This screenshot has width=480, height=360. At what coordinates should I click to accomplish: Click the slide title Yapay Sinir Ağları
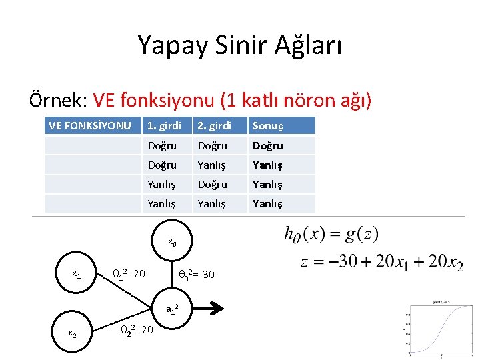click(x=239, y=45)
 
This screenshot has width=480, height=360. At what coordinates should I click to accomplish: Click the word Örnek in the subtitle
click(x=57, y=100)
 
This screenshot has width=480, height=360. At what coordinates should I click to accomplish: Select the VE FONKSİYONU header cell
click(x=89, y=125)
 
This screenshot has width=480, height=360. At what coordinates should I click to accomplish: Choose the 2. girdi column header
click(x=214, y=125)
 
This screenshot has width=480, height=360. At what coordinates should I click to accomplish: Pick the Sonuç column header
click(x=267, y=125)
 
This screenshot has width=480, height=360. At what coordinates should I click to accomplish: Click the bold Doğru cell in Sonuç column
click(x=267, y=145)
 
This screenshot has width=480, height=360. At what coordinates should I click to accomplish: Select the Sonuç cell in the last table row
click(x=267, y=203)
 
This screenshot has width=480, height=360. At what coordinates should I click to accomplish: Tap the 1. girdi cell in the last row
click(x=162, y=203)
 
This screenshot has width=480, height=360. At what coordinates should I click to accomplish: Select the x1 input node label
click(x=77, y=274)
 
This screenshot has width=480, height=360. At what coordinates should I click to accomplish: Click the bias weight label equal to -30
click(x=197, y=274)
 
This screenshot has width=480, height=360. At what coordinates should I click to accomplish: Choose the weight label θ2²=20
click(x=136, y=329)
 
